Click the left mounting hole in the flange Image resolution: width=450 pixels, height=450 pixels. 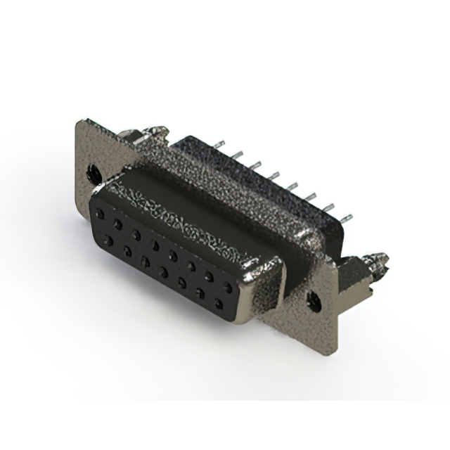tap(93, 171)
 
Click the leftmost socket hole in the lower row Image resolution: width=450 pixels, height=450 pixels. tap(109, 241)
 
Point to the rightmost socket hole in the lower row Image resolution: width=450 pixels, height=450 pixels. tap(219, 304)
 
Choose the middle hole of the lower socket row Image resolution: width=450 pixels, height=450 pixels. tap(163, 271)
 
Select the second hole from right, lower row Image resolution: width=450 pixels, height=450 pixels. tap(200, 293)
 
